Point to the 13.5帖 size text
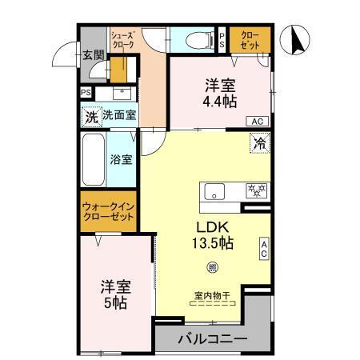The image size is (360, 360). tap(210, 242)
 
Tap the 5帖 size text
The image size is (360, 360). tap(116, 303)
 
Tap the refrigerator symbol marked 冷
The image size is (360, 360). tap(260, 144)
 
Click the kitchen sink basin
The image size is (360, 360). tap(215, 192)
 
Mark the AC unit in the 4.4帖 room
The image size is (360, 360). tap(257, 121)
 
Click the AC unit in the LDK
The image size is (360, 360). tap(263, 249)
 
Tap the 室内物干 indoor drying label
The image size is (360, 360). tap(211, 296)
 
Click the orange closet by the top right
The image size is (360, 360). tap(249, 39)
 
